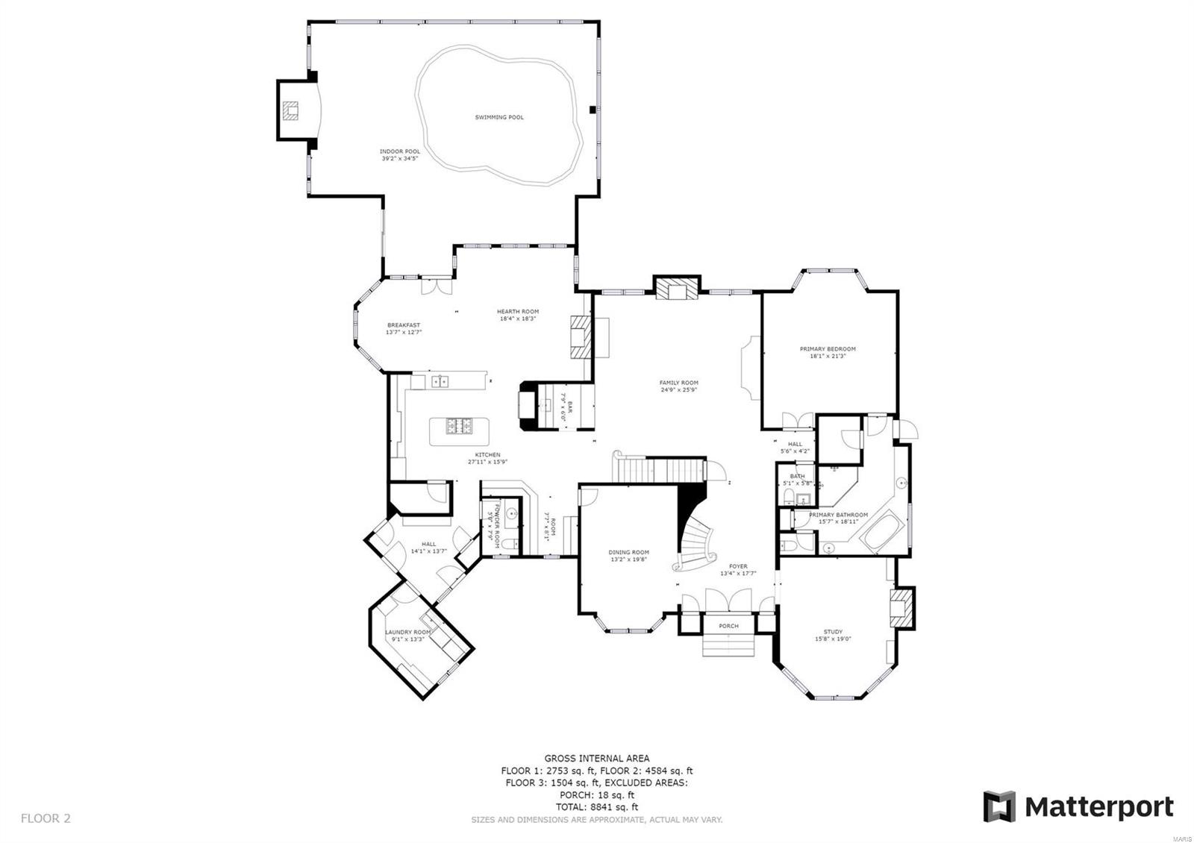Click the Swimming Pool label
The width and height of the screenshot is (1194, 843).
pos(499,117)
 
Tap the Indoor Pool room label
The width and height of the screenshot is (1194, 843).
pos(400,152)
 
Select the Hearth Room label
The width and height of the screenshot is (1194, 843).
pos(518,313)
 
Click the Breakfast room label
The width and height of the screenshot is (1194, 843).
pos(404,326)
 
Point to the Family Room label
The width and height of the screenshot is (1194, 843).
pos(679,383)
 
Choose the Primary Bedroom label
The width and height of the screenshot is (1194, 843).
pos(828,349)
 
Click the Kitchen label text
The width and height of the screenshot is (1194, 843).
pos(488,455)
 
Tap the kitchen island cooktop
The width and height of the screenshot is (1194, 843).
pos(459,426)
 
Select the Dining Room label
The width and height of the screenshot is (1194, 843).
pos(629,553)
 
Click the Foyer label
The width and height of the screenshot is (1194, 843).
pos(738,567)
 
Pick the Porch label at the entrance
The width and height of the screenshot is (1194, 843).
pos(728,626)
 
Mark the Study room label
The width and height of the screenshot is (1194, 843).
pos(833,633)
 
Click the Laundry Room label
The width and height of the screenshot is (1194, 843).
pos(407,633)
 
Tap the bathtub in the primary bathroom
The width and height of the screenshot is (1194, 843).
pos(883,531)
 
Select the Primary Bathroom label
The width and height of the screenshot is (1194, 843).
pos(838,515)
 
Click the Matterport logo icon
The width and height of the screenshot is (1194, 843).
pos(999,806)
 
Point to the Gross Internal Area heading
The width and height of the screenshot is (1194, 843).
pos(596,759)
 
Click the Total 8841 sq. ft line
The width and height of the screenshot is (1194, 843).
pos(596,807)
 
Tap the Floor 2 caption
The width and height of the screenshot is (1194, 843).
pos(46,818)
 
